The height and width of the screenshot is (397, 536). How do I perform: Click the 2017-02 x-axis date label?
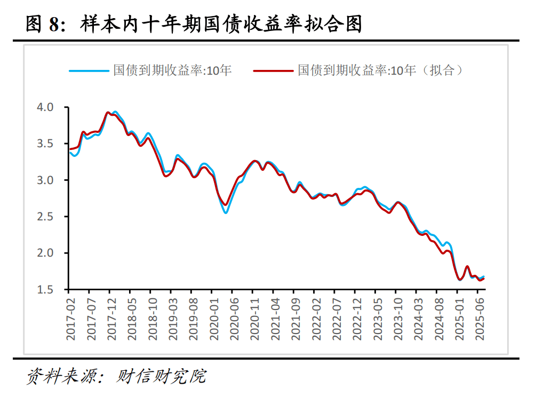pyautogui.click(x=70, y=319)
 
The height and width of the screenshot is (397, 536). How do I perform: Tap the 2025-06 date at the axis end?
pyautogui.click(x=479, y=319)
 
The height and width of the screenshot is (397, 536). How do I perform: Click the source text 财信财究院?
pyautogui.click(x=161, y=377)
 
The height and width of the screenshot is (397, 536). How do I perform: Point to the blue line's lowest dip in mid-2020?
pyautogui.click(x=226, y=213)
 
